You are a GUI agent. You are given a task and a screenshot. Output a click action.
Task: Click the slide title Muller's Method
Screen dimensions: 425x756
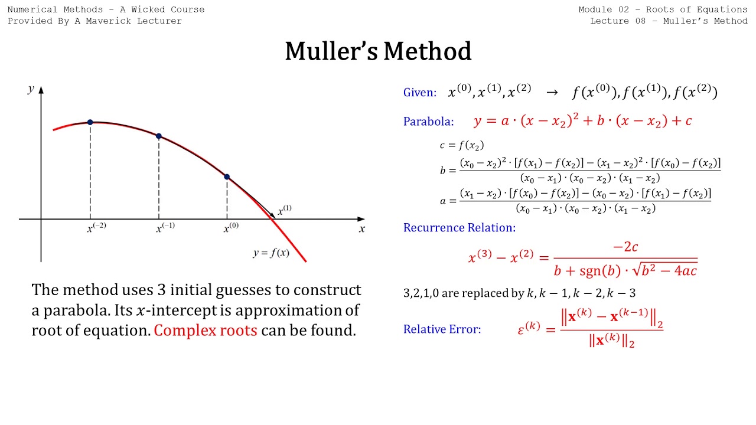point(378,51)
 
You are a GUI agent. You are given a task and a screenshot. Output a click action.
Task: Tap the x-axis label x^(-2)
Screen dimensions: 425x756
point(96,228)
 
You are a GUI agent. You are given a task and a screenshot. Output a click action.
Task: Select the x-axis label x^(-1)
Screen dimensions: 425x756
point(165,228)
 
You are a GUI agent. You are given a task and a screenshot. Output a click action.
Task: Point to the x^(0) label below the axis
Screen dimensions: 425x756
point(231,228)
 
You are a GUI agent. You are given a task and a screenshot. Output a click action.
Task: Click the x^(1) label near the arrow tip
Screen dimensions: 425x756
point(284,210)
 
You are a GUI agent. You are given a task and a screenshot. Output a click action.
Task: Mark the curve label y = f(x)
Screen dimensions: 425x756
point(271,253)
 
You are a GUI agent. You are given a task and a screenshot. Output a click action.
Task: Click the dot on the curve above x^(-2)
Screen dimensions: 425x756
point(90,122)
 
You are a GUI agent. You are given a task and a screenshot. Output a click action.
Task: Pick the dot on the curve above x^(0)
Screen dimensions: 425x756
point(227,177)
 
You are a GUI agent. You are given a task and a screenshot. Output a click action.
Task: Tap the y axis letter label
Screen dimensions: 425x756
point(31,89)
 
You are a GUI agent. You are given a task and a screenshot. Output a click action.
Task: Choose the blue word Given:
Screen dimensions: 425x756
point(420,93)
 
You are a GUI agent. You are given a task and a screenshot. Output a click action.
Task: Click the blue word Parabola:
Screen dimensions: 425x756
point(428,122)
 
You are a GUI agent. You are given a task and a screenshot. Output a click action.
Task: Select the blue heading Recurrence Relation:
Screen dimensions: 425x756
point(459,227)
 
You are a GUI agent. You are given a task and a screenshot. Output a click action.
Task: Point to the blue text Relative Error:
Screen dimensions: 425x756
point(442,329)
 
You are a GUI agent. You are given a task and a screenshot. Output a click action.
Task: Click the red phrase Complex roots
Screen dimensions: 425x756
point(205,331)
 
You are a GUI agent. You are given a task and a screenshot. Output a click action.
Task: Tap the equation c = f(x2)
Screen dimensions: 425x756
point(462,145)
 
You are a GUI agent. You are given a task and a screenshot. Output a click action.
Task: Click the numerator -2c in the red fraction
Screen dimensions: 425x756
point(625,247)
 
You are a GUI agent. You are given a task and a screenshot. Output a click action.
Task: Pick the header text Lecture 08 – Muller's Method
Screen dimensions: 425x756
point(669,21)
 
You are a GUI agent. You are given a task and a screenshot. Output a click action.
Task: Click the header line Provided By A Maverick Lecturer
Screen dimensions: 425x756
point(94,21)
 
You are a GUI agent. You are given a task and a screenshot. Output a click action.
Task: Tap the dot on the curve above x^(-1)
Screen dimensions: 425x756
point(159,136)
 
